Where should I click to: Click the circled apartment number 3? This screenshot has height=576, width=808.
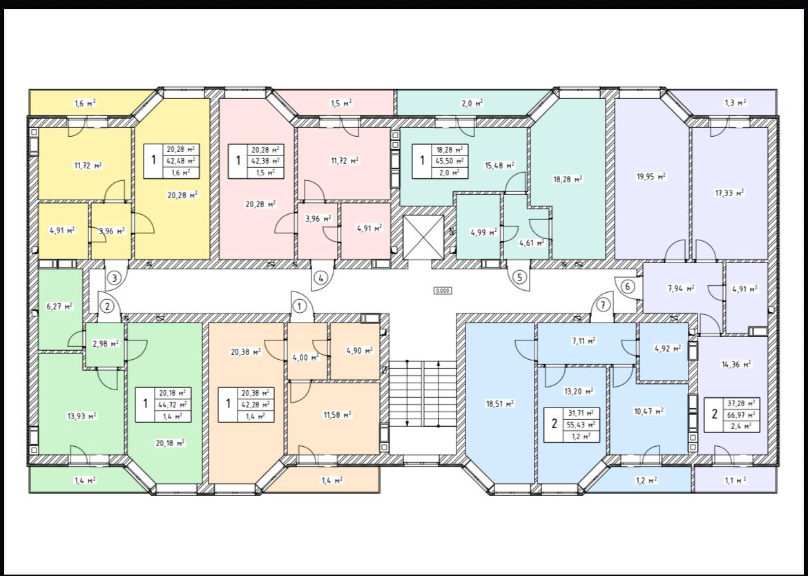[115, 278]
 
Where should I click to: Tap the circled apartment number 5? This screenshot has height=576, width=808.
[519, 278]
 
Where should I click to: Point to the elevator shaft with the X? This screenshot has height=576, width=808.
[423, 237]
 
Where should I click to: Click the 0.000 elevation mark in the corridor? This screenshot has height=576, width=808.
[443, 291]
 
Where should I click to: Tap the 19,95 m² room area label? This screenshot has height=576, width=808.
[651, 176]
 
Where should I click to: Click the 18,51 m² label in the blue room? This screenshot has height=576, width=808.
[499, 403]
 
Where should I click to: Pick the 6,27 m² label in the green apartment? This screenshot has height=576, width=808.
[60, 306]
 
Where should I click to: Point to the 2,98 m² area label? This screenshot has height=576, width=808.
[106, 343]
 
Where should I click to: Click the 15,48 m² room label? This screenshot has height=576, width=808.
[499, 166]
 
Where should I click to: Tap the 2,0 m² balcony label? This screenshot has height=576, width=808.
[472, 103]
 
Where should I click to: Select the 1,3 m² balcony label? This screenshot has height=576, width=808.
[735, 103]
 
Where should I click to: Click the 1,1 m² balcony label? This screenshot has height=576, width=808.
[735, 480]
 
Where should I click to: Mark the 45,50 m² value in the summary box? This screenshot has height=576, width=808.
[450, 161]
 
